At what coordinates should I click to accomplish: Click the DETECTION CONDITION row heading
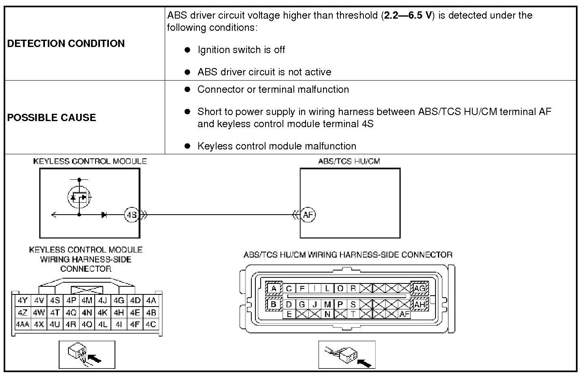coord(66,44)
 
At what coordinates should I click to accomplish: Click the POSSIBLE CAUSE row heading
coord(52,118)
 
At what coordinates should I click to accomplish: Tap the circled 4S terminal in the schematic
coord(132,215)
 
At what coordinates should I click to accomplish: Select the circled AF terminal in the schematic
coord(308,215)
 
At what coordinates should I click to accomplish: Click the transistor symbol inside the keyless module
coord(79,197)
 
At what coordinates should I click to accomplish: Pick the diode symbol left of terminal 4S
coord(104,215)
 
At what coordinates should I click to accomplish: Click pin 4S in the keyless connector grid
coord(55,300)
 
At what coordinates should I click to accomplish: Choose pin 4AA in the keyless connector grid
coord(23,324)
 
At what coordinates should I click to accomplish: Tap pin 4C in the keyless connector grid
coord(151,324)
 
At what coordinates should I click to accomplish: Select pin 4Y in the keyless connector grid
coord(23,300)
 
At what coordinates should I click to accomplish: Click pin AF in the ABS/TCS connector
coord(404,314)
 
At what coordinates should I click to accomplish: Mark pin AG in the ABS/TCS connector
coord(419,288)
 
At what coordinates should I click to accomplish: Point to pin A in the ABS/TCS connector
coord(274,288)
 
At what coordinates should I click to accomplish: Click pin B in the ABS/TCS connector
coord(274,304)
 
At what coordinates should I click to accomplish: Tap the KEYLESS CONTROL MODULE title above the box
coord(90,161)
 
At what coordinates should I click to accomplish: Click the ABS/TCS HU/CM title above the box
coord(349,161)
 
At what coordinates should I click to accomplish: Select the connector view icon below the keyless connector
coord(87,355)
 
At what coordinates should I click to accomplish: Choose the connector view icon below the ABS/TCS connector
coord(347,355)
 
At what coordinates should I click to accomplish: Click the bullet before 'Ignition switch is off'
coord(187,50)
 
